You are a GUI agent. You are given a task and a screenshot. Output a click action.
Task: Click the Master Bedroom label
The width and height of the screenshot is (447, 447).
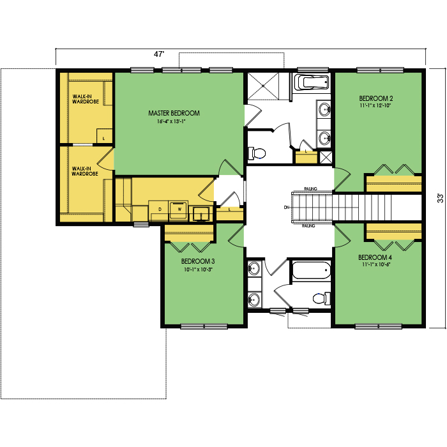coord(174,113)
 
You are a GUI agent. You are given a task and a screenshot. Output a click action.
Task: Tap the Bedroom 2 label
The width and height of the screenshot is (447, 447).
coord(375,98)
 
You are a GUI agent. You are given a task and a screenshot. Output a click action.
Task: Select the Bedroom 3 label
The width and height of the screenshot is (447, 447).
coord(198,261)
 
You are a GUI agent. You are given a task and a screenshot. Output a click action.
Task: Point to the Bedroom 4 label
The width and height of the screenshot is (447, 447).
coord(375,257)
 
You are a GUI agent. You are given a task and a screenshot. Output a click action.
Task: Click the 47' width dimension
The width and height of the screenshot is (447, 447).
coord(160,54)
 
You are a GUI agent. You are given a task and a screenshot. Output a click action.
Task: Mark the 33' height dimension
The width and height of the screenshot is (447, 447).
coord(441,198)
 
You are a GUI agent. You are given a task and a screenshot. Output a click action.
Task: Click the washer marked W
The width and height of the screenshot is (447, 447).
coord(178,211)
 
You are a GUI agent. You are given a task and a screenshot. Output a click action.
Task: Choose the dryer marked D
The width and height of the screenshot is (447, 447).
coord(159,211)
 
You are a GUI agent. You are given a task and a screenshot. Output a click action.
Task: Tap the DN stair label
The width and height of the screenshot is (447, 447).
coord(287,208)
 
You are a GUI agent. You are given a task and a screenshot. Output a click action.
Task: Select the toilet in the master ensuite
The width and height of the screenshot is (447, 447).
coord(257,153)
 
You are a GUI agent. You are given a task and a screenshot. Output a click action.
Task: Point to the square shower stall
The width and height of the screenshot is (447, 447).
coord(263,86)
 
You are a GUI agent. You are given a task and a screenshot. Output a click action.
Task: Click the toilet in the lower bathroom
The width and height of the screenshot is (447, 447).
coord(322,298)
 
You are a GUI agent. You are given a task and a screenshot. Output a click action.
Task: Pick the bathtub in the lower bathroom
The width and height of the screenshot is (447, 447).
coord(312,270)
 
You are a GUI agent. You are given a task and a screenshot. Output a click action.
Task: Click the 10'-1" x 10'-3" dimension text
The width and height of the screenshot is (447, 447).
coord(199,269)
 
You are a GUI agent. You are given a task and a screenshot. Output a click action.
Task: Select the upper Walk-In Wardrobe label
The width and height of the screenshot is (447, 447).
coord(86,99)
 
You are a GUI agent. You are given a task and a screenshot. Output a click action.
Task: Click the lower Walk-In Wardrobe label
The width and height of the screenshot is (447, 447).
coord(85,171)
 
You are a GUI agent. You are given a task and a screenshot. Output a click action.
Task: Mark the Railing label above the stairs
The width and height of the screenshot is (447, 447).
coord(310,189)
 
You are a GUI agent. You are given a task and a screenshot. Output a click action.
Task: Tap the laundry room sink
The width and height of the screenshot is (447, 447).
coord(202,213)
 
